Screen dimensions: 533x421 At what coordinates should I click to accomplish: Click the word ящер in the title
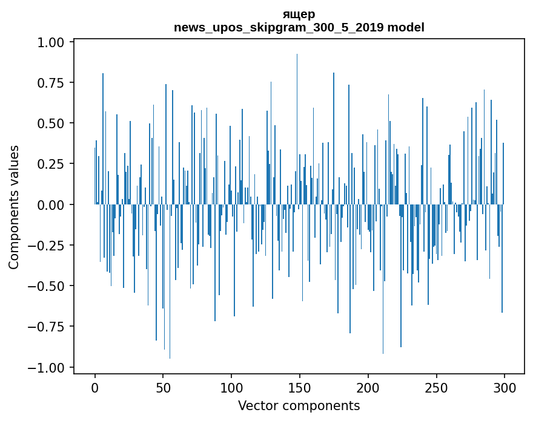coord(299,15)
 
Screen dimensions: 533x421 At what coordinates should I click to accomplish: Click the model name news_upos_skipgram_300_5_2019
coord(279,27)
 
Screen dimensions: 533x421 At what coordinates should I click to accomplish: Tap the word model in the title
coord(406,27)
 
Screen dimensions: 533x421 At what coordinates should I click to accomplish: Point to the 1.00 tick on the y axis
coord(51,42)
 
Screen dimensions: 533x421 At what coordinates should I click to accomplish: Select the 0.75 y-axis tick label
coord(51,83)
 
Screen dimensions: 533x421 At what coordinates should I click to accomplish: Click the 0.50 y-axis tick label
coord(51,123)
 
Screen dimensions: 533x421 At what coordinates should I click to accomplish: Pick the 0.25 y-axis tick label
coord(51,164)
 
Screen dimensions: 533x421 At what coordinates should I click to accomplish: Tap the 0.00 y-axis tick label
coord(51,204)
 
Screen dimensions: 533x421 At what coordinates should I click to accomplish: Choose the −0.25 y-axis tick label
coord(46,246)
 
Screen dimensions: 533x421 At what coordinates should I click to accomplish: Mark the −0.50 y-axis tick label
coord(46,286)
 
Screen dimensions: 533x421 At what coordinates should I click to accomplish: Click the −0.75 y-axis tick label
coord(46,327)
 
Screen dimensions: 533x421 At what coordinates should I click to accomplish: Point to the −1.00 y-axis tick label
coord(46,367)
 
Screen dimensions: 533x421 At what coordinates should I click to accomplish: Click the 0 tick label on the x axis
coord(95,388)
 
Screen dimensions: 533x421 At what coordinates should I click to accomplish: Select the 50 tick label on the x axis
coord(163,388)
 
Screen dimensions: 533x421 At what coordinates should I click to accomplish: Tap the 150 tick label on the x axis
coord(299,388)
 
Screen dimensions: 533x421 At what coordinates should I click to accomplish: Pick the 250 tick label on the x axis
coord(436,388)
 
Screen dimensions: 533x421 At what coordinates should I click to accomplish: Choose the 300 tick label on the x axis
coord(505,388)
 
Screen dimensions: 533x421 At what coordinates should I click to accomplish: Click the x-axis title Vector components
coord(299,406)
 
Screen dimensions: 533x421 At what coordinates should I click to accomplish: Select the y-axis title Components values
coord(14,207)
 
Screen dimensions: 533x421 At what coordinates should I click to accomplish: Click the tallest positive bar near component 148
coord(297,129)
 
